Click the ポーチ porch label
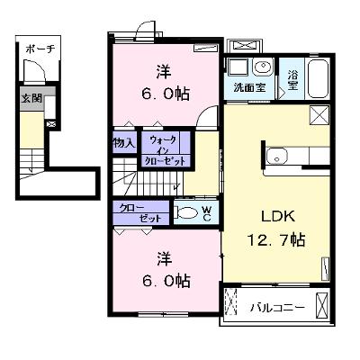[x=40, y=49]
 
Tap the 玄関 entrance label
[x=31, y=98]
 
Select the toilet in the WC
[x=186, y=213]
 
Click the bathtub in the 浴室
[x=319, y=78]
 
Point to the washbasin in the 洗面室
[x=263, y=67]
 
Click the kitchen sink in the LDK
[x=277, y=157]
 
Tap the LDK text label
[x=278, y=216]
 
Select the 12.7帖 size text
[x=276, y=240]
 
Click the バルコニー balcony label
[x=278, y=307]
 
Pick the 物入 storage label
[x=124, y=143]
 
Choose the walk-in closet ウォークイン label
[x=164, y=145]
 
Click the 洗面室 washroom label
[x=249, y=87]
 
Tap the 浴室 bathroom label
[x=292, y=80]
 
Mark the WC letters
[x=207, y=213]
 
